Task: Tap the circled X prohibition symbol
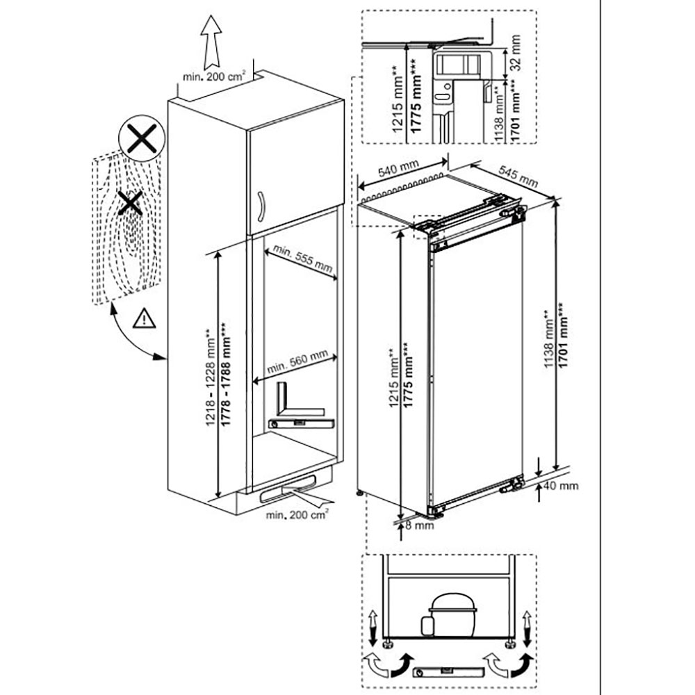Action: tap(141, 139)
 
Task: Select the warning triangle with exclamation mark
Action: tap(142, 318)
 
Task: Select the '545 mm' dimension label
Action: tap(518, 178)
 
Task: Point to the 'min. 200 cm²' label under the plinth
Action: tap(297, 515)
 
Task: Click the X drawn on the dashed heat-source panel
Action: tap(129, 204)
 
